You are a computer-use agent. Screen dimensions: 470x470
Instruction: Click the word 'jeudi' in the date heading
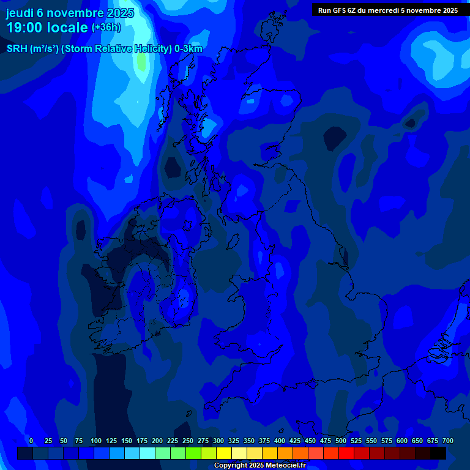tap(20, 13)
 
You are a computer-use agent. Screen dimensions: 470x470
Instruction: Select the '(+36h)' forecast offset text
tap(106, 28)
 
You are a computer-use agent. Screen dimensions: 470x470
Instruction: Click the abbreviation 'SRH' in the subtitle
tap(17, 49)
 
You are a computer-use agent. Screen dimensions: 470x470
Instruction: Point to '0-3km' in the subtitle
tap(188, 49)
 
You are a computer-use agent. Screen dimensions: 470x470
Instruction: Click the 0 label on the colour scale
tap(31, 441)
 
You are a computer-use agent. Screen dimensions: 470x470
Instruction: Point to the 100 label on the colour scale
tap(96, 441)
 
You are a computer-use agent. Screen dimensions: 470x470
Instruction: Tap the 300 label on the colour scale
tap(218, 441)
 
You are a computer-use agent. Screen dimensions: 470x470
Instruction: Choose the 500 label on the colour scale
tap(341, 441)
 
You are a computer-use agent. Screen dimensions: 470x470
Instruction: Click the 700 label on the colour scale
tap(448, 441)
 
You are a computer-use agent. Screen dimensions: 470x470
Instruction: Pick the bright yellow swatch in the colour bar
tap(224, 453)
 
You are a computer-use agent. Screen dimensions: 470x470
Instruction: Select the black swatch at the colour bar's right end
tap(438, 453)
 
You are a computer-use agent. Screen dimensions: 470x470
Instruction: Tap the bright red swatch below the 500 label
tap(346, 453)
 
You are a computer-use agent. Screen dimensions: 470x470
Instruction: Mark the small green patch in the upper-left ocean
tap(142, 61)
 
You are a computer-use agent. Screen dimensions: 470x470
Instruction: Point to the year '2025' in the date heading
tap(120, 13)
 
